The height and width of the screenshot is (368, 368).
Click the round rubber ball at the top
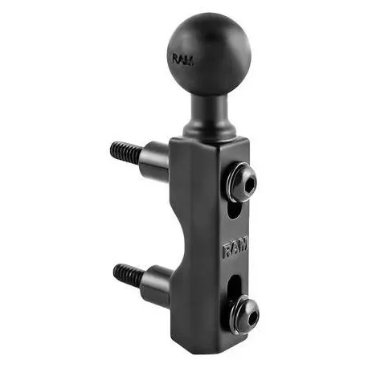(x=210, y=55)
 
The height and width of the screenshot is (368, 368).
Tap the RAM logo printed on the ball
(x=183, y=59)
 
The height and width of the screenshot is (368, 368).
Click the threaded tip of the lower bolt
(x=128, y=274)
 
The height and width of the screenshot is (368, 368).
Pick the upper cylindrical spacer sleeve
(x=156, y=162)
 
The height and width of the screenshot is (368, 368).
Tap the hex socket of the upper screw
(x=250, y=184)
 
